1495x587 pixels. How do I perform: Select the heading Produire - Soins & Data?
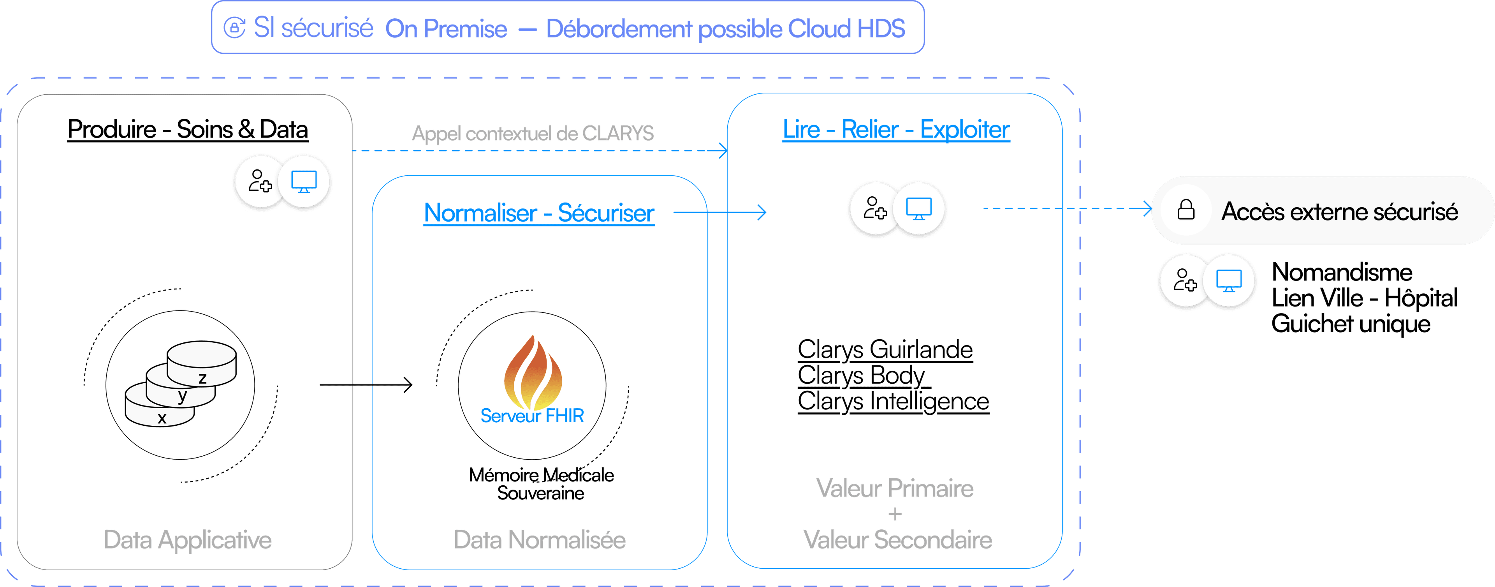click(187, 129)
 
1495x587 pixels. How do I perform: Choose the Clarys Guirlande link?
click(885, 349)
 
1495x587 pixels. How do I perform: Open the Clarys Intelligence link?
click(893, 401)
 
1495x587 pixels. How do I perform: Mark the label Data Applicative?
click(187, 539)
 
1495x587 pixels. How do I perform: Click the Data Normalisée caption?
click(539, 539)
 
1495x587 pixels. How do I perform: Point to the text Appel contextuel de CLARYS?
click(532, 134)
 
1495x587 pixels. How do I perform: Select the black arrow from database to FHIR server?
click(366, 384)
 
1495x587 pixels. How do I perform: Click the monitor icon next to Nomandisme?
click(1229, 281)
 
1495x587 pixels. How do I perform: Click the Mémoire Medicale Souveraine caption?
click(541, 484)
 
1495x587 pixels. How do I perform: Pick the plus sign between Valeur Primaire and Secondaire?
click(895, 514)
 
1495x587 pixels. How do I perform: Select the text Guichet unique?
click(1351, 323)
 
